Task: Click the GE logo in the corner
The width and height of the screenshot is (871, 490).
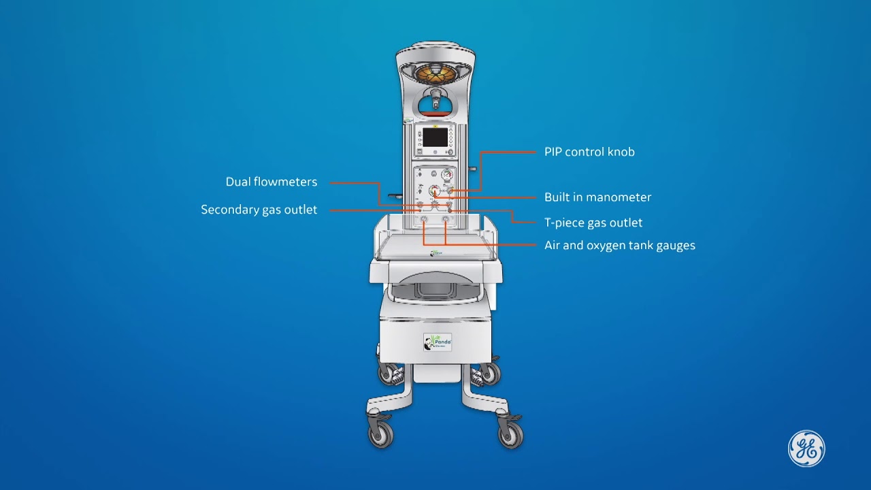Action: click(x=806, y=448)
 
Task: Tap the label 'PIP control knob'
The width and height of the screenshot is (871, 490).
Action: click(x=589, y=152)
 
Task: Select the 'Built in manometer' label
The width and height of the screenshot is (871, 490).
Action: click(x=597, y=197)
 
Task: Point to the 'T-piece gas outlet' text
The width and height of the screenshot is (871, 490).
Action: click(x=593, y=223)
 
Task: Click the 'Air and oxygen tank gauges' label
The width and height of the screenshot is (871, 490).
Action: click(x=619, y=245)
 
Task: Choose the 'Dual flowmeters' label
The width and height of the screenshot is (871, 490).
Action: click(x=272, y=182)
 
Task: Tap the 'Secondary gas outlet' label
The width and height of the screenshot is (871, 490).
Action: click(x=259, y=210)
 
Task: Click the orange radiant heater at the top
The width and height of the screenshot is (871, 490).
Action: click(x=435, y=72)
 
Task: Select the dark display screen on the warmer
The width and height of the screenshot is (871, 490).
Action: click(x=435, y=137)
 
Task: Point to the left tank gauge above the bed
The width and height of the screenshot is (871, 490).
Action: click(x=424, y=220)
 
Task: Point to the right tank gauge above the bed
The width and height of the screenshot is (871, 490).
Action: click(x=446, y=220)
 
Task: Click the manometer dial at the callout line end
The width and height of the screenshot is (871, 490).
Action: click(x=434, y=191)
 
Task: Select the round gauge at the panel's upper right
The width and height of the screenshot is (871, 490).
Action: click(x=447, y=176)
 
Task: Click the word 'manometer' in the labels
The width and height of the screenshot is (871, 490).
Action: click(x=619, y=197)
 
